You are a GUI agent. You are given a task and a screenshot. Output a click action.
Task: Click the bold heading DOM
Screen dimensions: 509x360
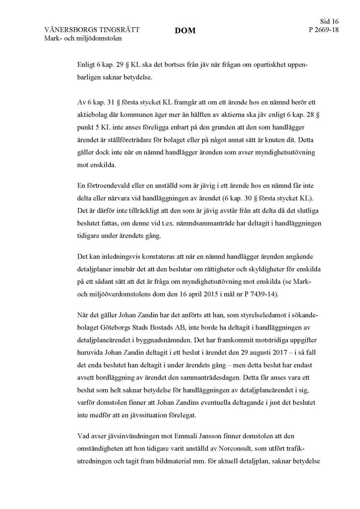[185, 31]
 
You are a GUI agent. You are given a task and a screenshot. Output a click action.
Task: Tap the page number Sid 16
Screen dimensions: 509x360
[329, 22]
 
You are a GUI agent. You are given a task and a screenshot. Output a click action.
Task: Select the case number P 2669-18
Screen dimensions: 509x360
[323, 30]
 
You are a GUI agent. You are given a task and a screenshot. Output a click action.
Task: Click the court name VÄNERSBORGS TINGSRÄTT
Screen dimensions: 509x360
[92, 30]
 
